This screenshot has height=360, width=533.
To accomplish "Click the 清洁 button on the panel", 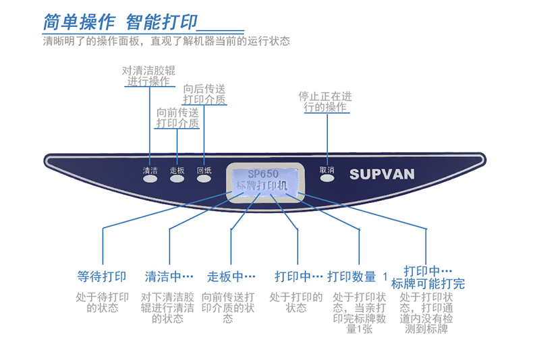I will click(150, 180).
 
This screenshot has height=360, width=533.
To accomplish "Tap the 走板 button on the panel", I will click(177, 180).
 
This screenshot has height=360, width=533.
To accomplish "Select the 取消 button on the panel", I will click(327, 179).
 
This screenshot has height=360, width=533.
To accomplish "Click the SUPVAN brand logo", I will click(382, 174).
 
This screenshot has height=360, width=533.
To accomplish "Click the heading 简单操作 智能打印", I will click(120, 22).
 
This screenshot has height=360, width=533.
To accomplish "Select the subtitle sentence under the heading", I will click(166, 41).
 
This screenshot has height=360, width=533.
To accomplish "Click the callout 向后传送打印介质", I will click(204, 94).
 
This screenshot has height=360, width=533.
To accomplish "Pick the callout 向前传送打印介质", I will click(177, 117).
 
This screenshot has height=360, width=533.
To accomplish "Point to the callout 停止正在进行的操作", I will click(325, 102).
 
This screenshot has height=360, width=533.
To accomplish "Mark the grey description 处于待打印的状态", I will click(102, 302).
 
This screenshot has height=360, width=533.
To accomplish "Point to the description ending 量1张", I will click(360, 313).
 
